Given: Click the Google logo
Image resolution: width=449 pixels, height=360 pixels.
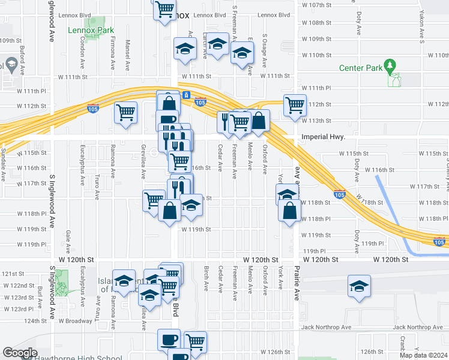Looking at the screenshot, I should coord(20,353).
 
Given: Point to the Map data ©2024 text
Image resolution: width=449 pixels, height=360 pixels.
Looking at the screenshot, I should coord(424,355).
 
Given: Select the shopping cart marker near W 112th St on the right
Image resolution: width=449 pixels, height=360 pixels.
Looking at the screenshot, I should coord(295,105).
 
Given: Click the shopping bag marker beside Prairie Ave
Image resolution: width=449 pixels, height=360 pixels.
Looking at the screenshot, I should coord(290,211).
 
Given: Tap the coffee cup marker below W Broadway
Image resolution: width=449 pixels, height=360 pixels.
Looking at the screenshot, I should coord(168,339).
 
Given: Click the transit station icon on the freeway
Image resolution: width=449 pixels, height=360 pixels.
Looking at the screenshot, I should coord(187,95).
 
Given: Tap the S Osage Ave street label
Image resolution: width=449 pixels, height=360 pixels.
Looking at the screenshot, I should coord(265,50).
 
